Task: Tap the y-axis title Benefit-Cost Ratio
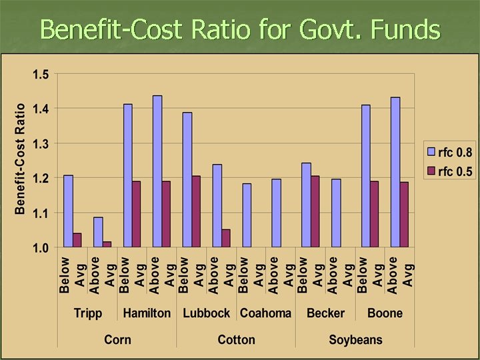pyautogui.click(x=21, y=159)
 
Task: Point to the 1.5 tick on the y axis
pyautogui.click(x=41, y=74)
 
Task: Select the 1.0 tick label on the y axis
pyautogui.click(x=41, y=248)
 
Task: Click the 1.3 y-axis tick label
pyautogui.click(x=41, y=143)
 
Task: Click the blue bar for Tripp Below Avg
pyautogui.click(x=68, y=211)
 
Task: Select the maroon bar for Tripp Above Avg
pyautogui.click(x=107, y=245)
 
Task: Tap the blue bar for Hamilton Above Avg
pyautogui.click(x=157, y=171)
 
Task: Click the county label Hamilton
pyautogui.click(x=147, y=313)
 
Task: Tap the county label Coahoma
pyautogui.click(x=265, y=313)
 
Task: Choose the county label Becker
pyautogui.click(x=325, y=313)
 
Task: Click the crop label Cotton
pyautogui.click(x=236, y=339)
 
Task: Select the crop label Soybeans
pyautogui.click(x=355, y=339)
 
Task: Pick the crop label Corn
pyautogui.click(x=117, y=339)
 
